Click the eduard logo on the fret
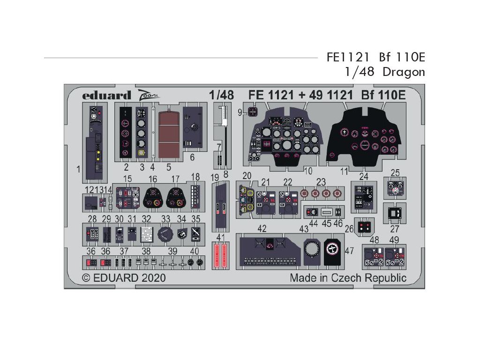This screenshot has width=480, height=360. (x=106, y=95)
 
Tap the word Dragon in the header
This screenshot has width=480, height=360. (x=404, y=72)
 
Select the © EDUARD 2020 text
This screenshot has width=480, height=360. (x=124, y=277)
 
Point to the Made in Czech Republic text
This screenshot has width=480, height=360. (x=348, y=277)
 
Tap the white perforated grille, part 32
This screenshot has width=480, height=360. (x=147, y=233)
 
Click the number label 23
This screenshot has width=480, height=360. (x=321, y=182)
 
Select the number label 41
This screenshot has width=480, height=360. (x=221, y=237)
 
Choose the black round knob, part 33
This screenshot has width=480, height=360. (x=165, y=233)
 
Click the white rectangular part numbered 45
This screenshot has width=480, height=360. (x=327, y=211)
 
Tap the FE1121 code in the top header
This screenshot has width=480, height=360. (x=337, y=58)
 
